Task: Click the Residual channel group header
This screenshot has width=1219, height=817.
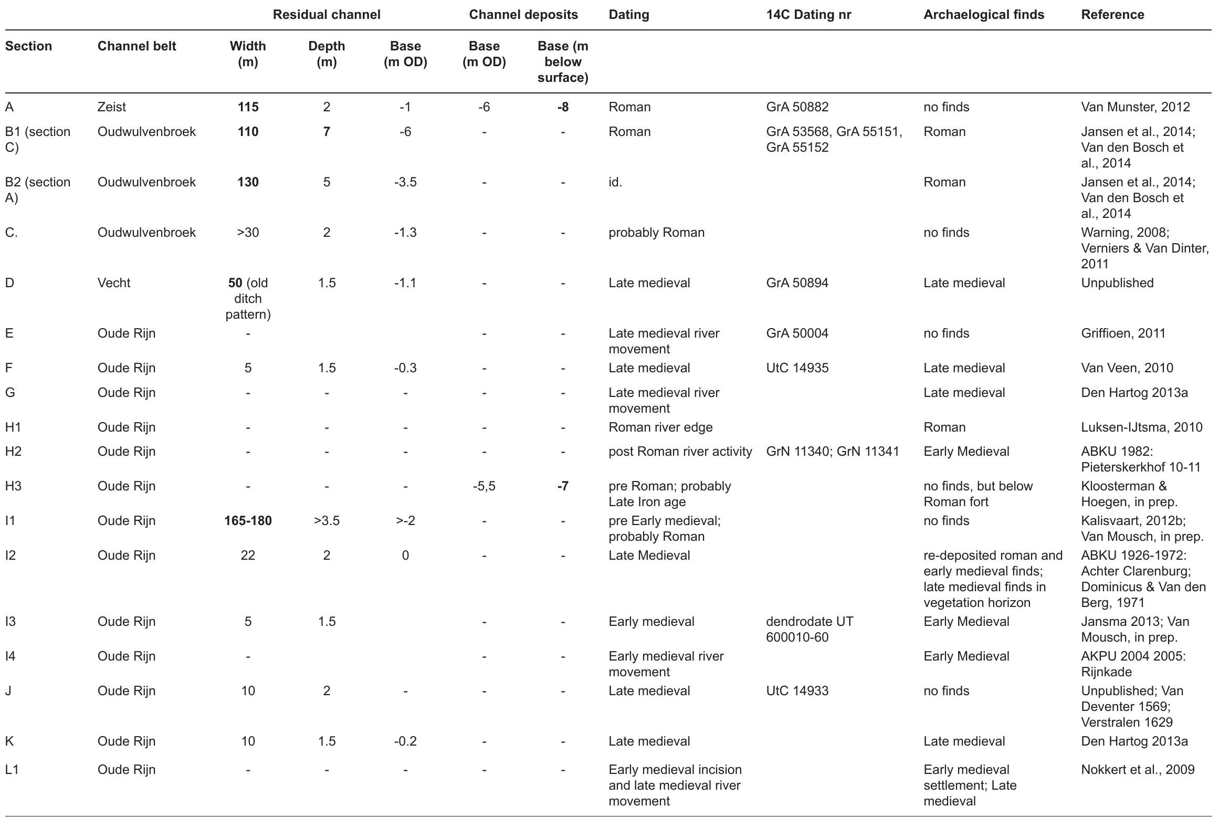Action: pyautogui.click(x=326, y=15)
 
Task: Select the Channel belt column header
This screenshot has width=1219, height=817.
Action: pyautogui.click(x=136, y=46)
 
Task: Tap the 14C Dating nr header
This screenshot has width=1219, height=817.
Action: pyautogui.click(x=808, y=15)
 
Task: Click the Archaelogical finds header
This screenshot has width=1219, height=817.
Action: pyautogui.click(x=983, y=15)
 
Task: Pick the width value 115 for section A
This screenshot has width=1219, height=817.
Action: pyautogui.click(x=248, y=107)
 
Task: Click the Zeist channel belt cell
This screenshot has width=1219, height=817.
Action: pyautogui.click(x=112, y=107)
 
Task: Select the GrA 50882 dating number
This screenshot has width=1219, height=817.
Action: pyautogui.click(x=797, y=107)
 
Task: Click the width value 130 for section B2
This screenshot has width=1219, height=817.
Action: pyautogui.click(x=248, y=182)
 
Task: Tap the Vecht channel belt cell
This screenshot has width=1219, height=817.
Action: pyautogui.click(x=114, y=283)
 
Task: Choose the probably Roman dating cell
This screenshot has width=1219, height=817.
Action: pyautogui.click(x=656, y=233)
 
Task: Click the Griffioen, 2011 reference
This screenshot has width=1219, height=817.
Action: pyautogui.click(x=1123, y=333)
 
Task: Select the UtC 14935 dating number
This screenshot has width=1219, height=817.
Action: pyautogui.click(x=797, y=368)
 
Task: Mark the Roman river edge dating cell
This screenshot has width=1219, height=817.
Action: pyautogui.click(x=660, y=427)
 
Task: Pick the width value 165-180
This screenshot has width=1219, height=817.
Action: pyautogui.click(x=248, y=521)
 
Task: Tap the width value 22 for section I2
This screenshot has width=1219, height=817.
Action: pyautogui.click(x=248, y=556)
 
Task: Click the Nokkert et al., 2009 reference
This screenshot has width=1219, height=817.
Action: pyautogui.click(x=1138, y=770)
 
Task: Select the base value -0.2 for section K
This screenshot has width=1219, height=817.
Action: pyautogui.click(x=405, y=741)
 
